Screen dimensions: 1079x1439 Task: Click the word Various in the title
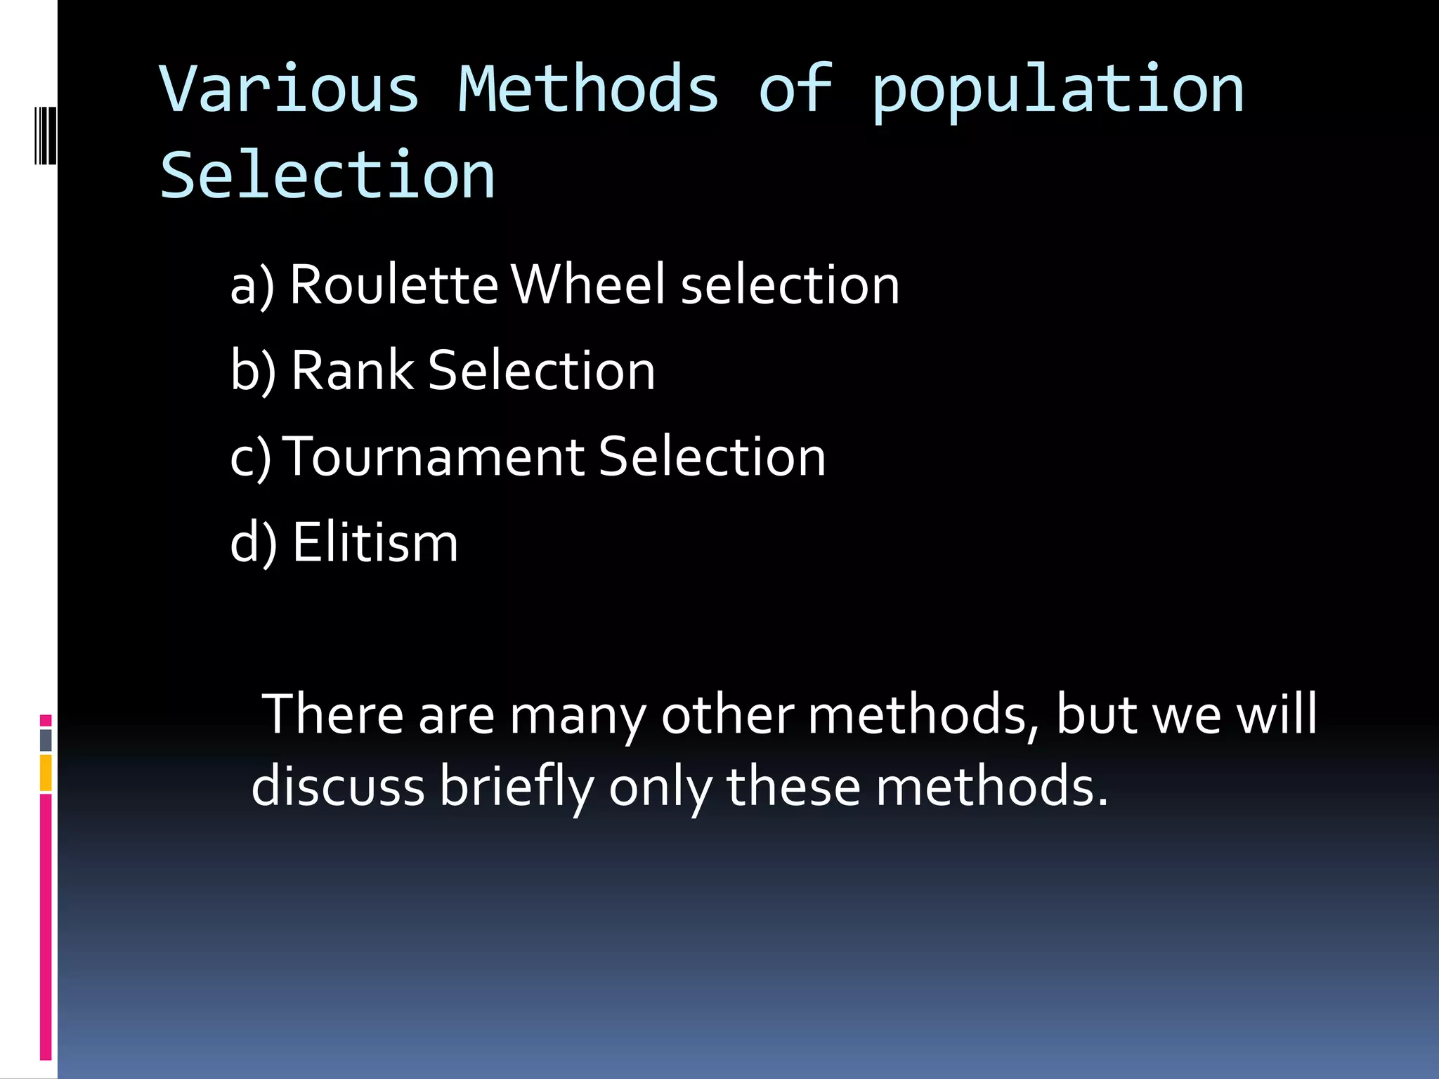tap(289, 89)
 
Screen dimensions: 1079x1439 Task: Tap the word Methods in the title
tap(588, 89)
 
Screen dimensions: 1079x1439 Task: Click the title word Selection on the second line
tap(327, 176)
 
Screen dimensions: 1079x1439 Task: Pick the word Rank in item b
tap(352, 370)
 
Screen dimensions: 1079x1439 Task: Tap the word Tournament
tap(436, 457)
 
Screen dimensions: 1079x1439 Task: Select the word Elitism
tap(375, 542)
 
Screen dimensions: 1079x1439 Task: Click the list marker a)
tap(252, 287)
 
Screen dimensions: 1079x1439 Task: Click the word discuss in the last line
tap(338, 785)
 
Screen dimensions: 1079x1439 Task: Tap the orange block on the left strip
tap(46, 773)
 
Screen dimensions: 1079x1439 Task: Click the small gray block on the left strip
tap(46, 740)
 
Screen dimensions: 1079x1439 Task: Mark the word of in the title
tap(795, 89)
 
